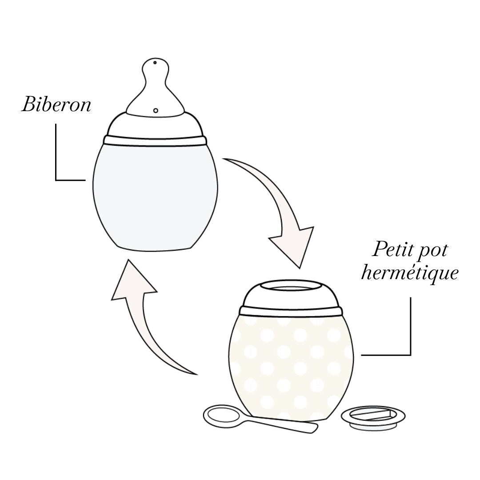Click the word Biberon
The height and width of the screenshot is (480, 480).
pyautogui.click(x=56, y=105)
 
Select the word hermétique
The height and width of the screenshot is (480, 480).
pyautogui.click(x=409, y=272)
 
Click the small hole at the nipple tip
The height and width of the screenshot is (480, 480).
pyautogui.click(x=155, y=63)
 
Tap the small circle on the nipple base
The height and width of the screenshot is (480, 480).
pyautogui.click(x=156, y=110)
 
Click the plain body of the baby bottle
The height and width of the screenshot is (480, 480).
pyautogui.click(x=155, y=196)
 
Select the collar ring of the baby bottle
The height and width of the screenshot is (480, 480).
pyautogui.click(x=155, y=140)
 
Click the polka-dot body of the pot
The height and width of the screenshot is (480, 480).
pyautogui.click(x=291, y=364)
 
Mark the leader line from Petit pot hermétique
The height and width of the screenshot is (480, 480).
pyautogui.click(x=410, y=329)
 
